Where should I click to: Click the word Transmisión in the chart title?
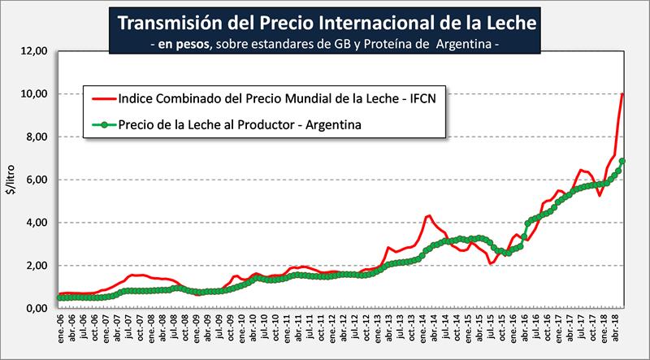tap(162, 21)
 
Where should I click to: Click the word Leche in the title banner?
tap(508, 21)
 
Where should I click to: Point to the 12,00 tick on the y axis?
tap(37, 51)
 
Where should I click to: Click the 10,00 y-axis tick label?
tap(37, 94)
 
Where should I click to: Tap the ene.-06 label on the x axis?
tap(61, 328)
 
